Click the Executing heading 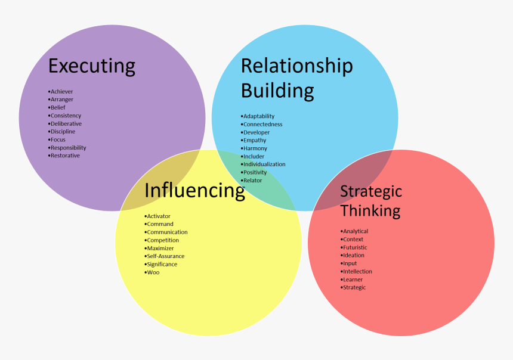[92, 66]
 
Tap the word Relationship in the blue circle [296, 66]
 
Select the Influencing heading [194, 190]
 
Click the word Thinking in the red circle [370, 210]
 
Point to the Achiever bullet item [60, 92]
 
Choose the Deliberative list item [65, 123]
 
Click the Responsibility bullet [67, 148]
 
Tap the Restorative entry [64, 156]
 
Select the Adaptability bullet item [258, 116]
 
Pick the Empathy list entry [254, 140]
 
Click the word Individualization [263, 164]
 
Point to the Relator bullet [251, 181]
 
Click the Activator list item [157, 216]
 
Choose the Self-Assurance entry [164, 256]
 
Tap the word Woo [152, 272]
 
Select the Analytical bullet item [354, 231]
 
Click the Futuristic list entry [354, 247]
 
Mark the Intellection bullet [356, 271]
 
